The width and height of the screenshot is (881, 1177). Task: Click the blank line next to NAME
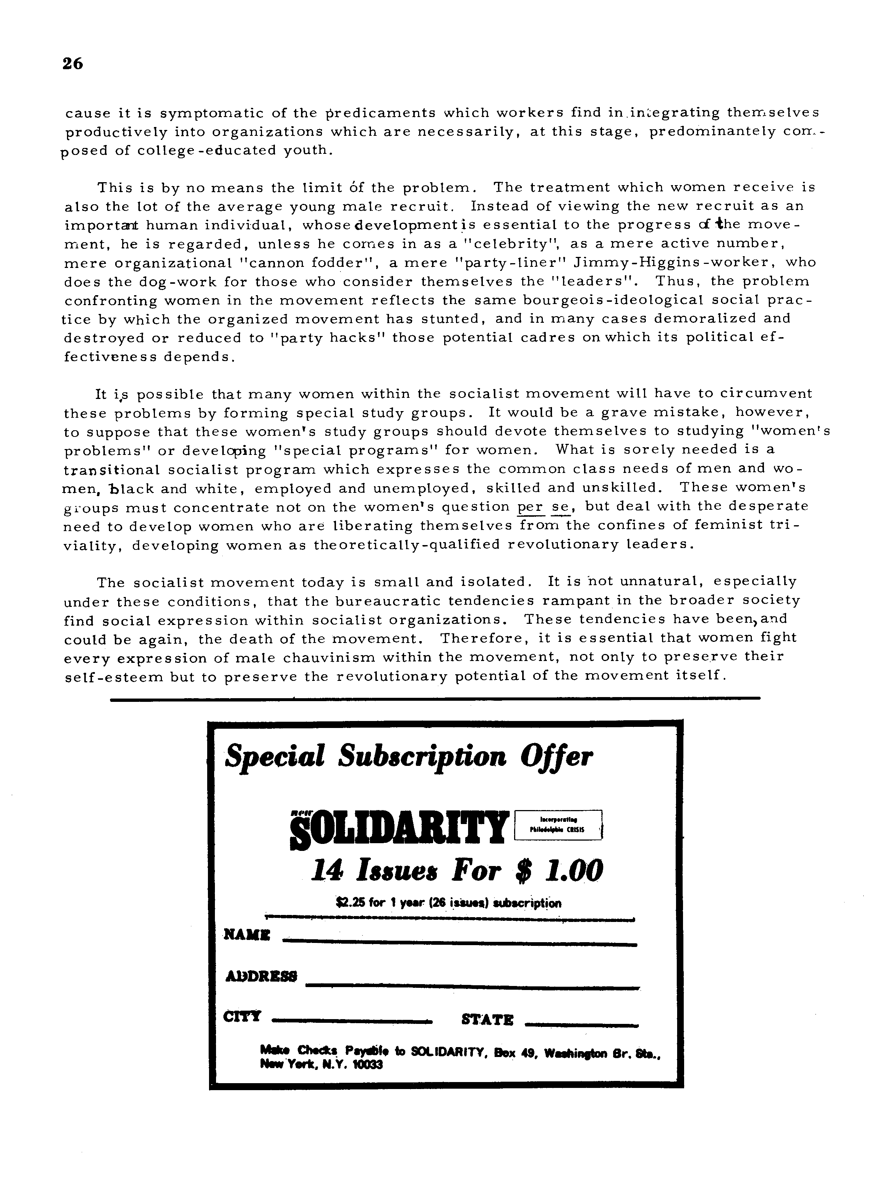[460, 944]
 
